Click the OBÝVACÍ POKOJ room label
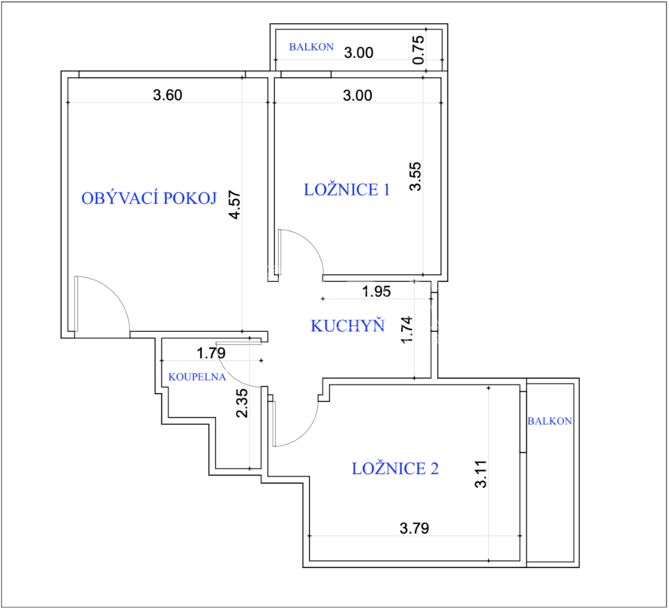coord(149,199)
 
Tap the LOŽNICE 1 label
coord(347,190)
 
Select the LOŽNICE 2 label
coord(395,469)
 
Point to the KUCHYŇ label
coord(348,326)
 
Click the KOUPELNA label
coord(197,377)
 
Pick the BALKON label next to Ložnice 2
coord(550,422)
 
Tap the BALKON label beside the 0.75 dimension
coord(311,47)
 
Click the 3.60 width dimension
coord(168,95)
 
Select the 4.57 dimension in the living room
coord(235,205)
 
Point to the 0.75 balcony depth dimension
coord(419,50)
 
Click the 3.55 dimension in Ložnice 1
coord(415,176)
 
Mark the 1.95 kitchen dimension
coord(377,291)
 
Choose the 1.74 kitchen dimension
coord(408,330)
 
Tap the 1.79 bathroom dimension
coord(211,353)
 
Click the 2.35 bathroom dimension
coord(242,403)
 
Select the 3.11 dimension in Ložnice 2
coord(481,474)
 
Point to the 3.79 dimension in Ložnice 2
coord(414,528)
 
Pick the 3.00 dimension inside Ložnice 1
coord(358,95)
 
